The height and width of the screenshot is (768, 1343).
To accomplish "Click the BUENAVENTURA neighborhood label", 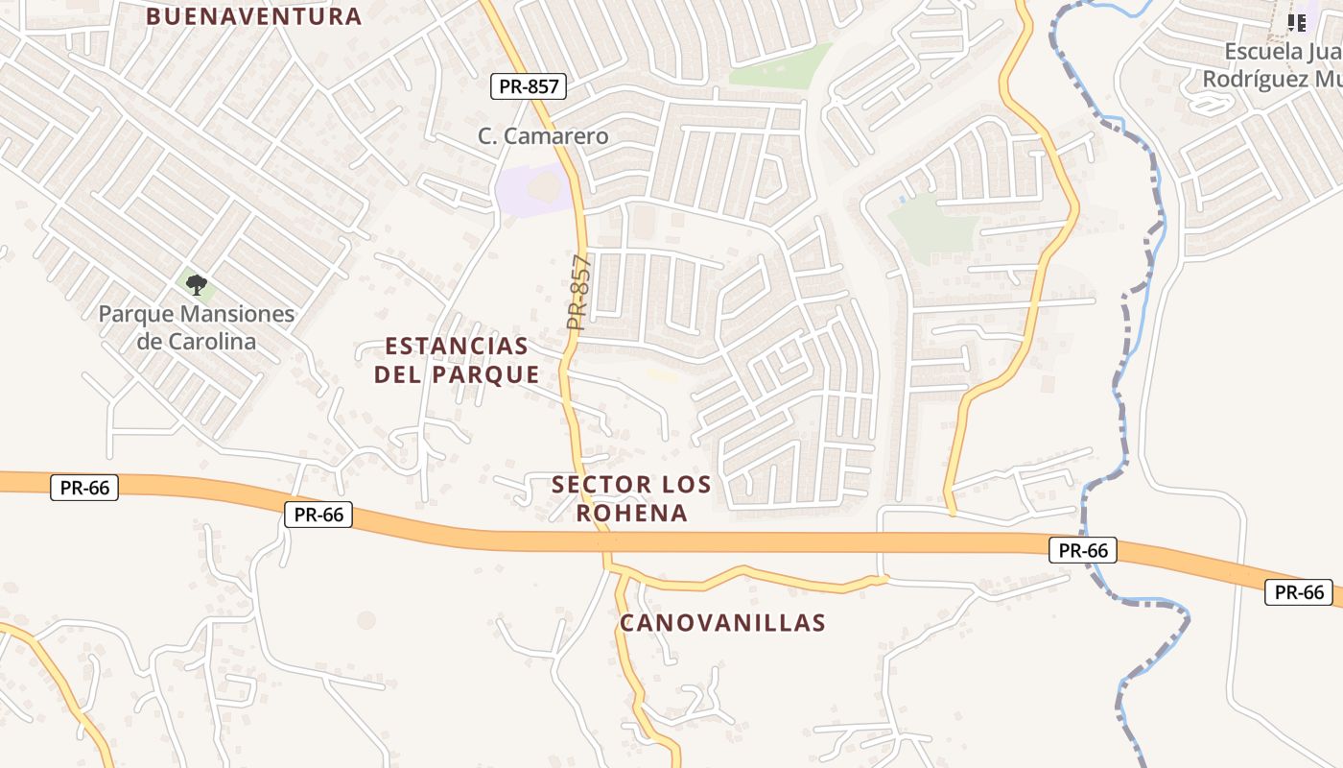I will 254,16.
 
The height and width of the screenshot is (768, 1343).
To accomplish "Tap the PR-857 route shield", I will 530,86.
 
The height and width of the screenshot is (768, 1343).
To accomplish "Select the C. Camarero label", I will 543,136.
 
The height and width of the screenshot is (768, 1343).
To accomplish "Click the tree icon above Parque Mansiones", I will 196,284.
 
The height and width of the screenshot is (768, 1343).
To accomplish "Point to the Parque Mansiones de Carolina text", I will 196,327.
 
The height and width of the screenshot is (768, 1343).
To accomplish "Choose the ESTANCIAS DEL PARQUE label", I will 457,360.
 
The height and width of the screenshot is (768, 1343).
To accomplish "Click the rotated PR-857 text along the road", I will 578,293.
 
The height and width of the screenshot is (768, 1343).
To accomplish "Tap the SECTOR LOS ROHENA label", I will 631,498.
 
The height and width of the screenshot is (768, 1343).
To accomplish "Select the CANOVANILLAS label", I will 722,623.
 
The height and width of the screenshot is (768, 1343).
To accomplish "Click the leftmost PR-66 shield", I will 84,488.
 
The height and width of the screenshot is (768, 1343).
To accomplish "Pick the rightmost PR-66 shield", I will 1300,592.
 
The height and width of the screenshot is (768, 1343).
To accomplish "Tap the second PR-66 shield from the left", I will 318,515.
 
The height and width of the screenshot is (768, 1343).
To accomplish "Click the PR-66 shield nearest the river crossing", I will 1084,550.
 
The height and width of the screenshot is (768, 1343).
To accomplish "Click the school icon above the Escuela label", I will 1296,22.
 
